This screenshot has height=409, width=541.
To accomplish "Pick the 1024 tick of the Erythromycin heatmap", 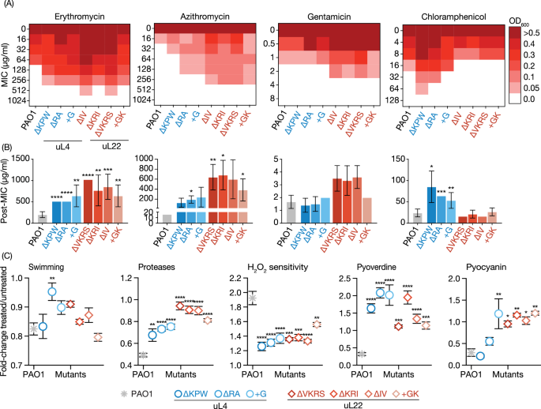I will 40,100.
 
